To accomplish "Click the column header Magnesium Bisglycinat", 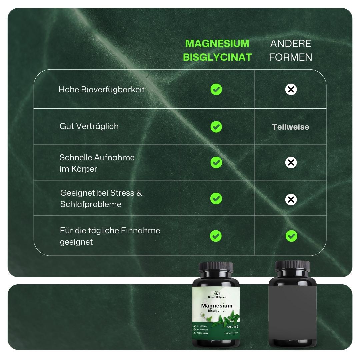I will pos(217,50).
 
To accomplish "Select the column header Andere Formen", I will pos(291,50).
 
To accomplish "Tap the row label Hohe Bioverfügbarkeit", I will pos(101,90).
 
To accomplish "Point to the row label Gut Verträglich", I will pos(89,126).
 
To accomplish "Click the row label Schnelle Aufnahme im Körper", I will pos(97,163).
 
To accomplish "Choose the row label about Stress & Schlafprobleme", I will pos(101,198).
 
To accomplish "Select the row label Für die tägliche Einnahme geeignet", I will pos(110,236).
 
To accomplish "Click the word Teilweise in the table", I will pos(290,127).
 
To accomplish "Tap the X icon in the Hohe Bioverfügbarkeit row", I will pos(291,89).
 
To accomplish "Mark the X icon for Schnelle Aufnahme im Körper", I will pos(291,163).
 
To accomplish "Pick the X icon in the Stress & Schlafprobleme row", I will pos(291,199).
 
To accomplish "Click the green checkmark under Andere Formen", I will pos(291,236).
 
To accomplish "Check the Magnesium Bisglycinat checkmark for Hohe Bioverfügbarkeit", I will pos(216,89).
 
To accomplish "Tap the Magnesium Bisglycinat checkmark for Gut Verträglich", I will pos(216,127).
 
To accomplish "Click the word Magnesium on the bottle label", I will pos(217,306).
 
